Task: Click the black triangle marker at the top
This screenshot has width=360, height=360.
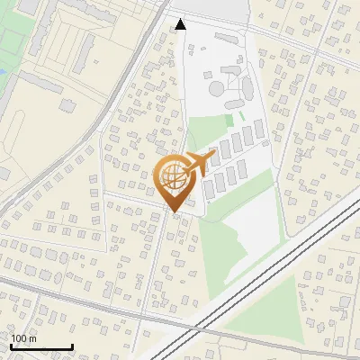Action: click(x=181, y=24)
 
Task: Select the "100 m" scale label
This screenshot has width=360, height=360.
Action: click(x=24, y=338)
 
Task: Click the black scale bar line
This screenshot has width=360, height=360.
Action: click(x=41, y=346)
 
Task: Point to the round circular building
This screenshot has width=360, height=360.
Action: click(x=218, y=88)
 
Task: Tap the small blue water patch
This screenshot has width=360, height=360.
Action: click(x=2, y=70)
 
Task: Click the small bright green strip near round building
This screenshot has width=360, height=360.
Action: click(x=229, y=118)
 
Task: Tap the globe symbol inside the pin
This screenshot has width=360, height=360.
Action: click(x=173, y=178)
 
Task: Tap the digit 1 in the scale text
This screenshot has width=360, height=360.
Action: click(x=13, y=338)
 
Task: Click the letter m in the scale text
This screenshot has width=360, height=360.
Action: click(x=33, y=338)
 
